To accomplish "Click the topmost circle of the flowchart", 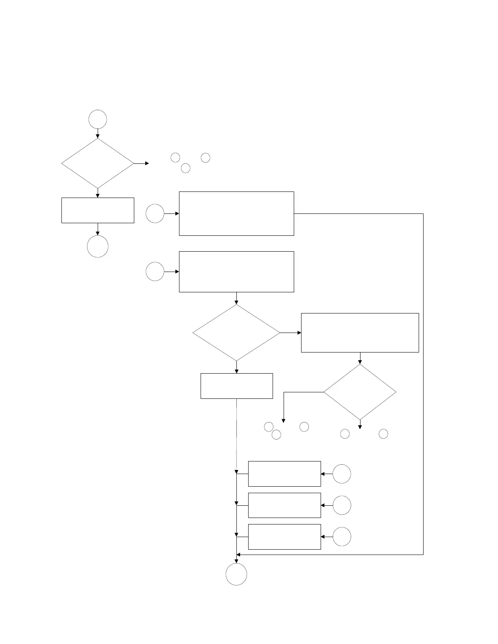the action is point(98,120).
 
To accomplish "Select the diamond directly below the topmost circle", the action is point(98,163).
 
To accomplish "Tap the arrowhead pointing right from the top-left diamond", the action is point(147,163).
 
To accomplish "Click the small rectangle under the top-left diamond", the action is point(98,210).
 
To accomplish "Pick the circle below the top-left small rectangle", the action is point(98,246).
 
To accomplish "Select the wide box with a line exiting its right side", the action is point(236,213).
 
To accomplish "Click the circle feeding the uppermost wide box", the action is point(155,213).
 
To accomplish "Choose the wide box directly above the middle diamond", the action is point(236,272).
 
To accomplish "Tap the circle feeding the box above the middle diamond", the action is point(155,272).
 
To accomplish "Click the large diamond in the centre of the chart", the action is point(236,333).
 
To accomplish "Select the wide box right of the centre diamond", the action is point(360,333).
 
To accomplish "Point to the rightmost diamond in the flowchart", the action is point(360,392).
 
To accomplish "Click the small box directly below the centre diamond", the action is point(236,386).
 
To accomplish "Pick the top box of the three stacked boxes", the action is point(284,474).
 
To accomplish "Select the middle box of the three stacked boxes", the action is point(284,505).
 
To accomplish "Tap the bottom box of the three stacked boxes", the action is point(284,537).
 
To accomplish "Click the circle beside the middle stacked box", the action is point(342,505).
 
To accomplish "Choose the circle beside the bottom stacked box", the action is point(342,537).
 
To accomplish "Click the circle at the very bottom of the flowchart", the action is point(236,574).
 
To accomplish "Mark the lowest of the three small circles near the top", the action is point(186,168).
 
